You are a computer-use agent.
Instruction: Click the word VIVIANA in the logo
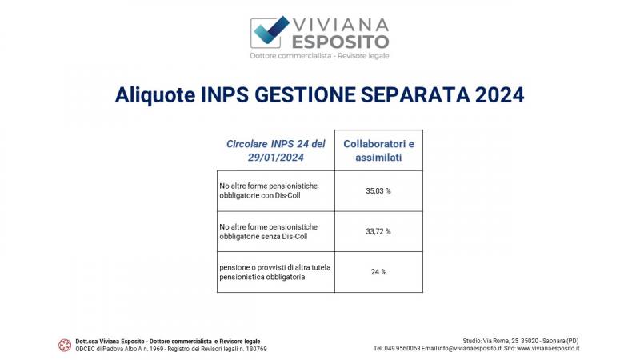[x=341, y=25]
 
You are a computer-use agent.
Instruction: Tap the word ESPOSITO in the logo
[x=341, y=42]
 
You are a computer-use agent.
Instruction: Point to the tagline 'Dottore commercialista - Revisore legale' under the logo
[x=319, y=55]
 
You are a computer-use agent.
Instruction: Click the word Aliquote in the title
[x=155, y=95]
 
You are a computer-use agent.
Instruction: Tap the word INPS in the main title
[x=225, y=95]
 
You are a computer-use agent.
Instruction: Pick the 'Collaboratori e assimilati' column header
[x=378, y=150]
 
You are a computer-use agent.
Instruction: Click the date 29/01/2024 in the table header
[x=276, y=158]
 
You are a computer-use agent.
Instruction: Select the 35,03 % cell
[x=378, y=190]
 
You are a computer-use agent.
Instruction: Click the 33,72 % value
[x=378, y=231]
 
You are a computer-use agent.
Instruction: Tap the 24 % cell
[x=378, y=272]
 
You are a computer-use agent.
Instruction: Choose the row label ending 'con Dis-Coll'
[x=269, y=190]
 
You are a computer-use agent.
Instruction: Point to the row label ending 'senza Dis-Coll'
[x=269, y=231]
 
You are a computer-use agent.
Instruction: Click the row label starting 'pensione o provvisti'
[x=275, y=272]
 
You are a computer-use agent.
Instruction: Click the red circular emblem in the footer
[x=65, y=346]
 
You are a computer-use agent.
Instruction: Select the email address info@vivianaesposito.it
[x=470, y=349]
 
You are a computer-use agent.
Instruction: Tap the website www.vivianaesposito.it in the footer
[x=548, y=349]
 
